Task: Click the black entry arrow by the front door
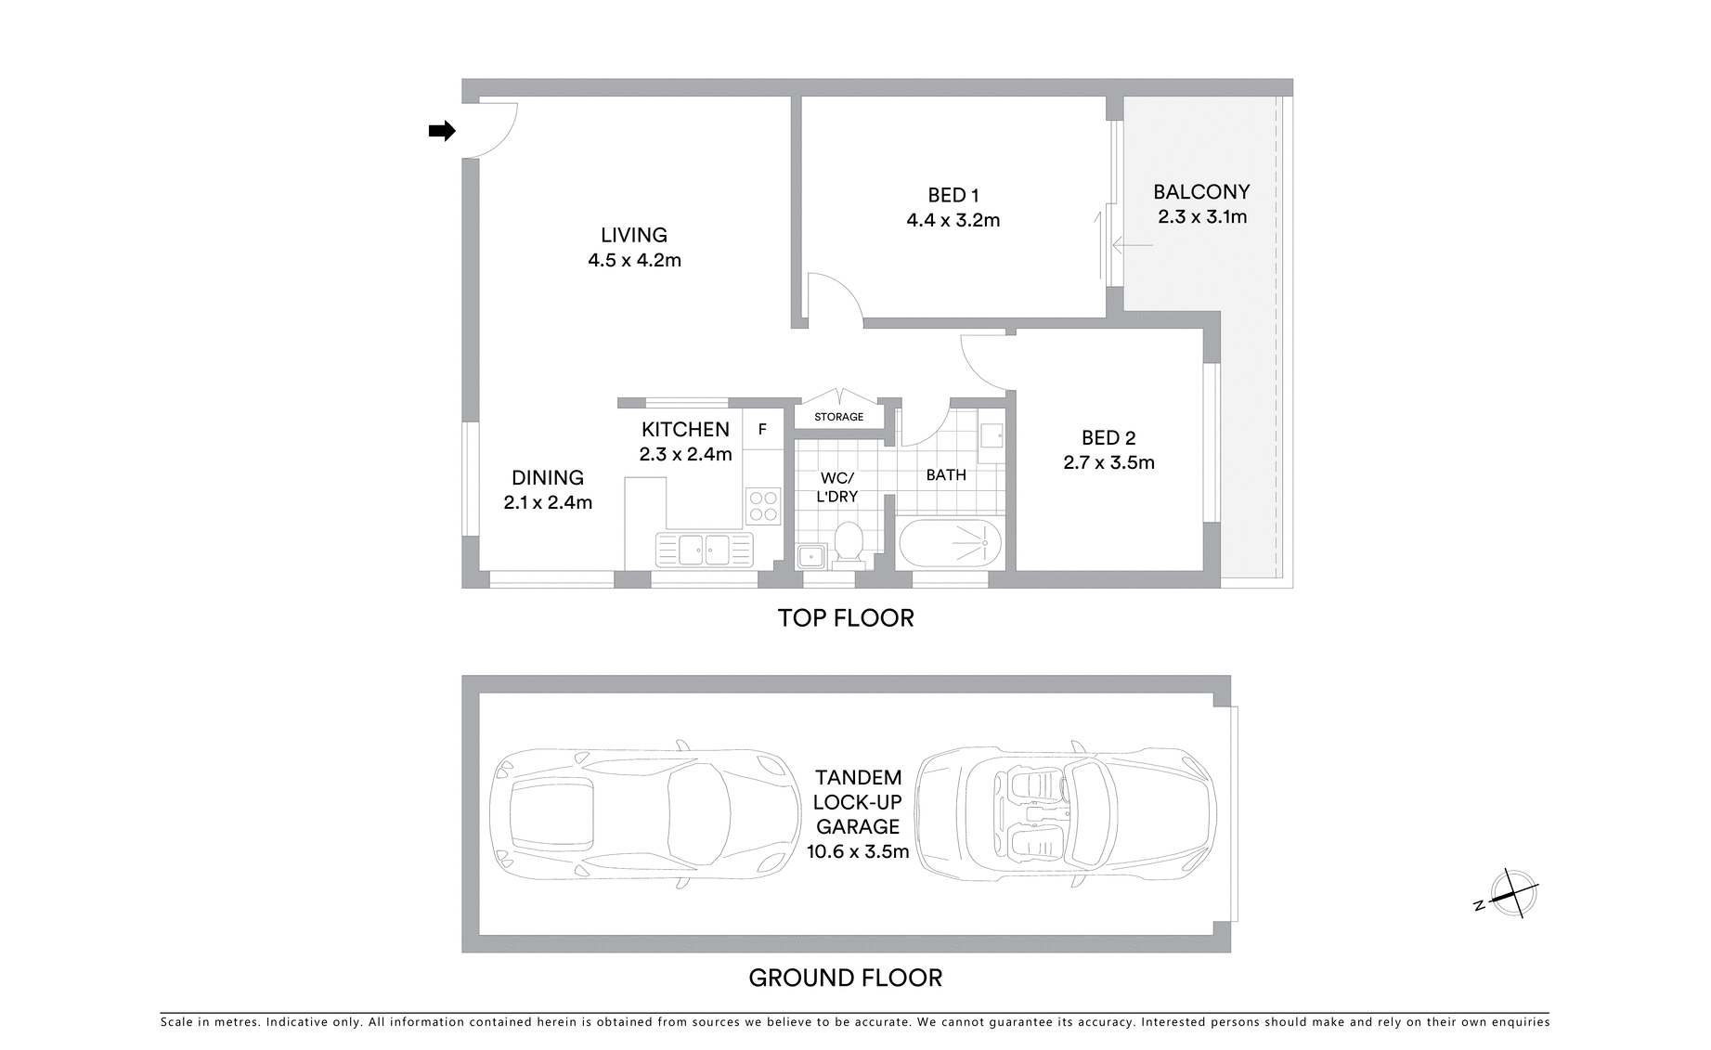(x=442, y=131)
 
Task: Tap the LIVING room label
(x=634, y=236)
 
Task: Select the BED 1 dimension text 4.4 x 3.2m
(x=953, y=221)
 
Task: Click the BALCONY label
(x=1201, y=192)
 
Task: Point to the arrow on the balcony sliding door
(x=1133, y=246)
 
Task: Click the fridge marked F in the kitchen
(x=762, y=430)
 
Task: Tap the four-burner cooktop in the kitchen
(x=764, y=506)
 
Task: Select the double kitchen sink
(x=705, y=550)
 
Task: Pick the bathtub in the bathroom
(x=950, y=543)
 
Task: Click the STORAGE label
(x=838, y=417)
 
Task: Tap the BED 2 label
(x=1108, y=437)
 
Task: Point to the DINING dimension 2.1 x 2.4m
(x=548, y=503)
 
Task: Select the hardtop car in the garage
(x=644, y=814)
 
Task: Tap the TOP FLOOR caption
(x=846, y=618)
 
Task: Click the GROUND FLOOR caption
(x=845, y=978)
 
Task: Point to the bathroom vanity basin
(x=992, y=434)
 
